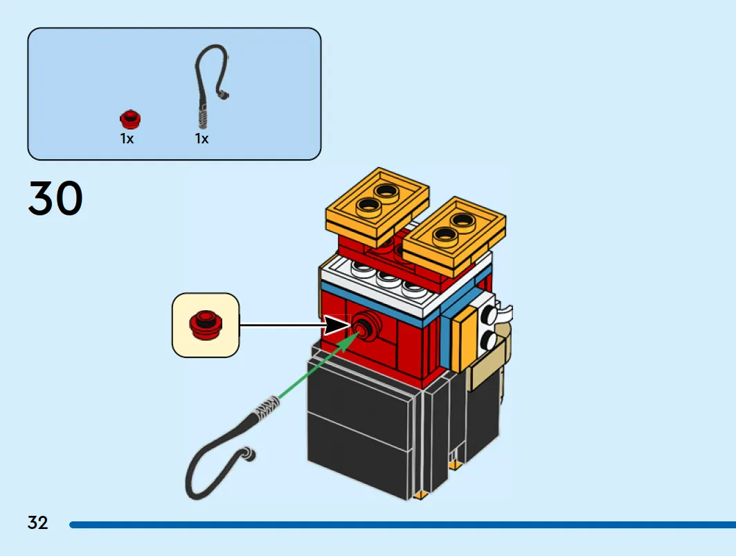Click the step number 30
point(55,198)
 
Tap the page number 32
point(38,523)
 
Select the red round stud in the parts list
point(130,119)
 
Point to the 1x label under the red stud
point(127,138)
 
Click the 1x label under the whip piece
point(202,138)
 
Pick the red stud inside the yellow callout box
point(206,325)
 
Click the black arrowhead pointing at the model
point(337,325)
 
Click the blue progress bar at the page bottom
point(403,525)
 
